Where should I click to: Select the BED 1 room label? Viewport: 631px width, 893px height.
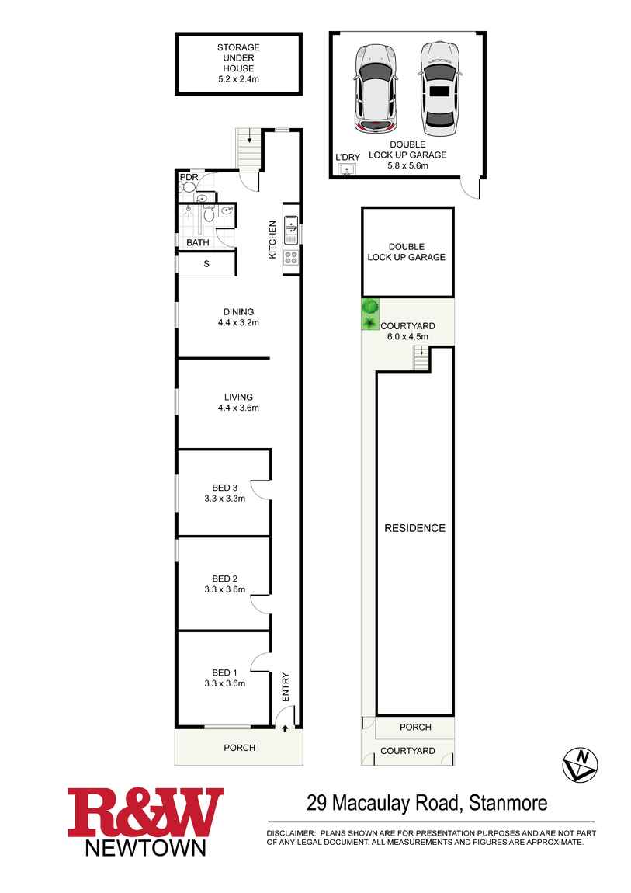224,672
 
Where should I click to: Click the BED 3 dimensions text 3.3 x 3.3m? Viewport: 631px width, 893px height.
224,499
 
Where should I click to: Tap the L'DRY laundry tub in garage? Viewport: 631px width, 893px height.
347,169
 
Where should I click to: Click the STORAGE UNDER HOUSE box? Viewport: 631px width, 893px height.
238,63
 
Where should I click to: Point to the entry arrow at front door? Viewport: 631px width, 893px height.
286,728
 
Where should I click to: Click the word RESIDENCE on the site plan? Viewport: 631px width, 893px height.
415,528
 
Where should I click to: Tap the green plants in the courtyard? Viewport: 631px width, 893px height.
370,314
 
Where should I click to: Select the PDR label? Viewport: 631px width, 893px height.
188,177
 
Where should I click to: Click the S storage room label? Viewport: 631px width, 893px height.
206,264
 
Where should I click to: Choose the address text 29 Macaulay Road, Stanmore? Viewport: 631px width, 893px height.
427,802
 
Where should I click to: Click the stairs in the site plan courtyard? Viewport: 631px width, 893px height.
421,357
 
